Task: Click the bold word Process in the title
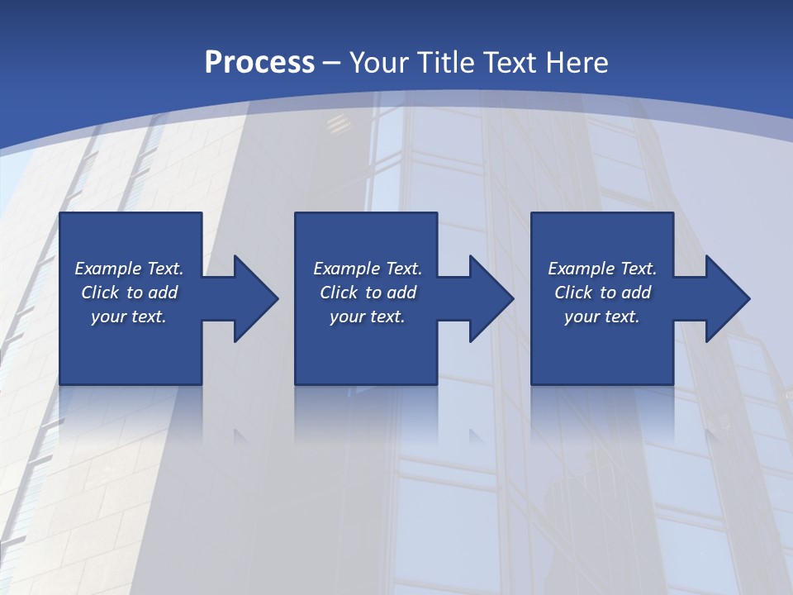pyautogui.click(x=259, y=63)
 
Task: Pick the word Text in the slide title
pyautogui.click(x=512, y=63)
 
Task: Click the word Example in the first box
pyautogui.click(x=107, y=269)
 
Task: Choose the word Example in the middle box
pyautogui.click(x=346, y=269)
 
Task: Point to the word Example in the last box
pyautogui.click(x=581, y=269)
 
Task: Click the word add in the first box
pyautogui.click(x=164, y=293)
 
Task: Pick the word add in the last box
pyautogui.click(x=637, y=293)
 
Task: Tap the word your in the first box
pyautogui.click(x=107, y=317)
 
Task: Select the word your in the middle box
pyautogui.click(x=346, y=317)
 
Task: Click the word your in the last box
pyautogui.click(x=581, y=317)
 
